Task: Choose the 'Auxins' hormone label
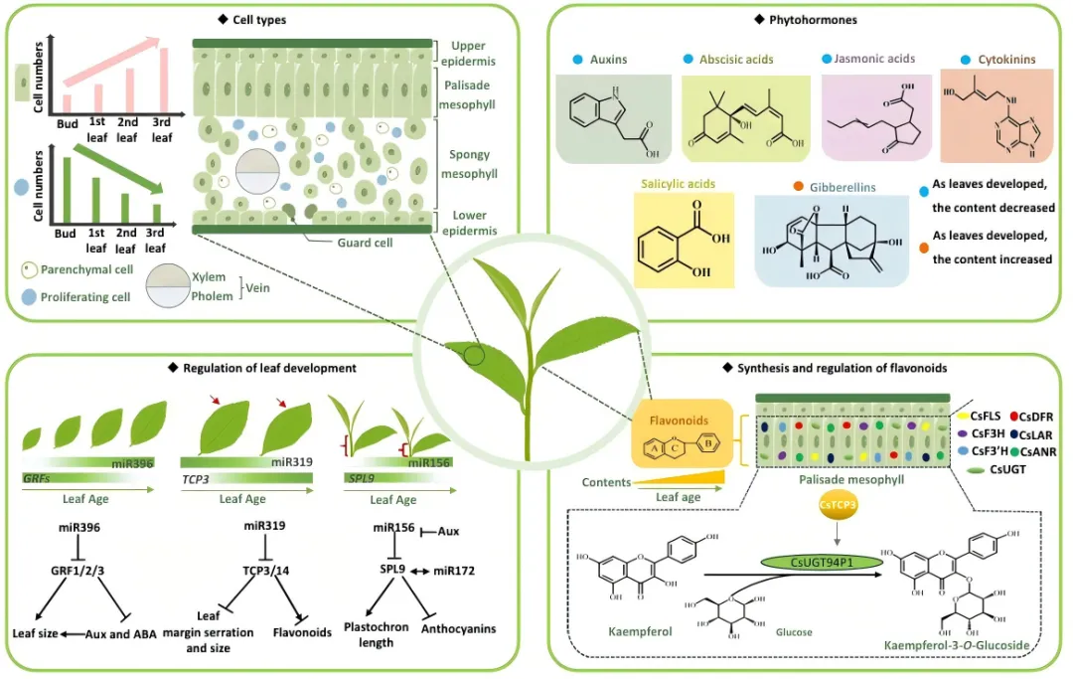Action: click(x=615, y=60)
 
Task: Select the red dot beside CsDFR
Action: click(x=1013, y=415)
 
